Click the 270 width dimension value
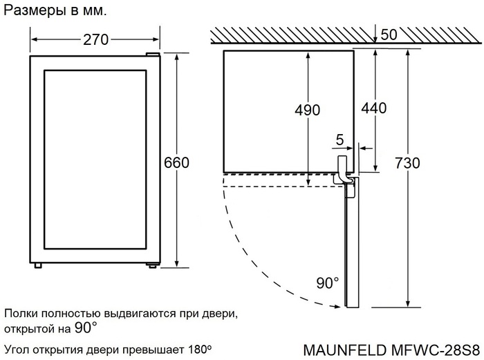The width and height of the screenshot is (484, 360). click(x=96, y=40)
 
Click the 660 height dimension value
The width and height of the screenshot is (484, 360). click(x=176, y=162)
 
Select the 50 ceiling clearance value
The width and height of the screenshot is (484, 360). click(x=389, y=35)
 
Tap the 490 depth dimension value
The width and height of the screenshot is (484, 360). click(x=307, y=110)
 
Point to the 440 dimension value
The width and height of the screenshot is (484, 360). click(x=373, y=108)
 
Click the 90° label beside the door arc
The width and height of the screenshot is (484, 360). click(x=328, y=283)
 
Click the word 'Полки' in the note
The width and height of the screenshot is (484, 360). click(x=21, y=314)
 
